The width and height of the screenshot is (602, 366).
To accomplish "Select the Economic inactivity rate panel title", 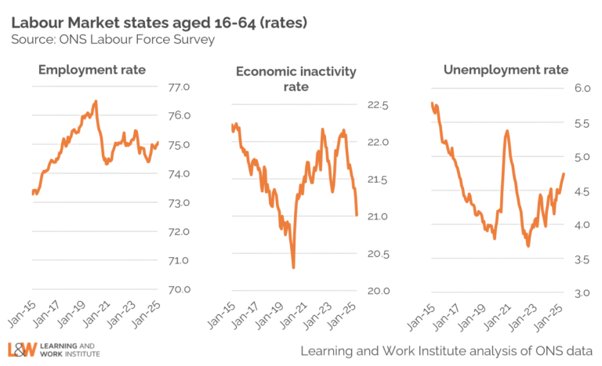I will point(296,78).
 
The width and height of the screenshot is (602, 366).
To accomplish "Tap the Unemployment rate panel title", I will point(494,72).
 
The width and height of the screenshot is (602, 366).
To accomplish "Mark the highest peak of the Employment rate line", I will point(95,100).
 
